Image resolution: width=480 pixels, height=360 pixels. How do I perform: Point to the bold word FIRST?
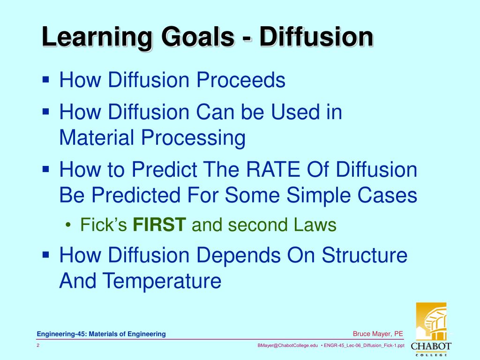point(160,225)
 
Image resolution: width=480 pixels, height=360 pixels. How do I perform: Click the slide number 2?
point(38,345)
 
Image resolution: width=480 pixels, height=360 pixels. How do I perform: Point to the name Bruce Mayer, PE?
point(378,334)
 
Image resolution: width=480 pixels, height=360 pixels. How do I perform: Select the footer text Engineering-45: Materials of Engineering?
point(102,334)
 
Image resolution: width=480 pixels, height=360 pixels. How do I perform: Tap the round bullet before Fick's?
point(69,225)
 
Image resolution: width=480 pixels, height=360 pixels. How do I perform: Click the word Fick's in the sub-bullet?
point(104,225)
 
